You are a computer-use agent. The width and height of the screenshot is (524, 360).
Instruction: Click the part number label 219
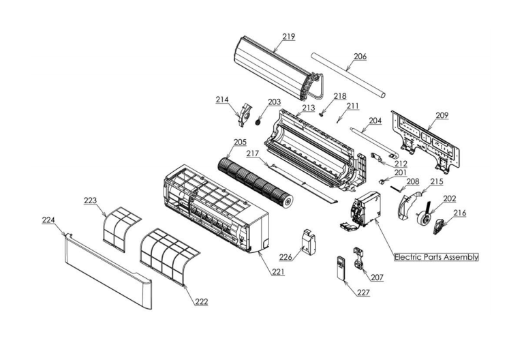[289, 36]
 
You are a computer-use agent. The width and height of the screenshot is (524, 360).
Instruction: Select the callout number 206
[360, 57]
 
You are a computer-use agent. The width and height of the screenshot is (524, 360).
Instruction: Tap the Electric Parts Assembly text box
[436, 257]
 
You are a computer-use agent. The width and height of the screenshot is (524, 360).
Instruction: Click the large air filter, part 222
[168, 253]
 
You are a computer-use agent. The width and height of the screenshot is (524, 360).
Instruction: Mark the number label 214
[221, 100]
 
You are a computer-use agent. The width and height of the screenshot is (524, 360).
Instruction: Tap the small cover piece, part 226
[309, 242]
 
